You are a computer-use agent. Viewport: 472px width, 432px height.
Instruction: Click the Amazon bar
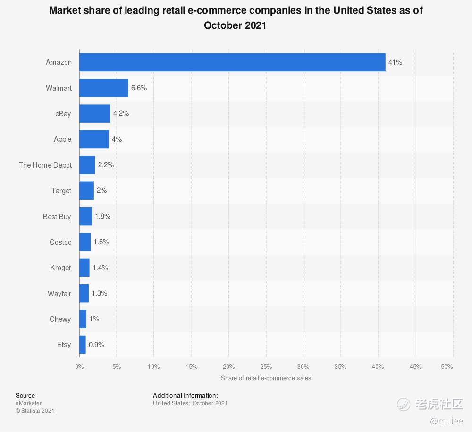(232, 62)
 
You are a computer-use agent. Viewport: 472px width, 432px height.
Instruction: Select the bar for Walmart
(104, 88)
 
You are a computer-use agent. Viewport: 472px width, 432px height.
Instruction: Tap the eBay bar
(94, 114)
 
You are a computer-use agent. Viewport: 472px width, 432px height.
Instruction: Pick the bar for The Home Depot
(87, 165)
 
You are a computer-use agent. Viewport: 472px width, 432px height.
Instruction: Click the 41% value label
(395, 62)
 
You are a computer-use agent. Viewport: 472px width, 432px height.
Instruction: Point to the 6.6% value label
(139, 88)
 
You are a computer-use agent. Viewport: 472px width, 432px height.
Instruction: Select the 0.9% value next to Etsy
(96, 345)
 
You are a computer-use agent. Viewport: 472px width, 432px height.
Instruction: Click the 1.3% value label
(99, 293)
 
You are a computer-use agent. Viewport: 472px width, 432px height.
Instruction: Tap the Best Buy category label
(57, 217)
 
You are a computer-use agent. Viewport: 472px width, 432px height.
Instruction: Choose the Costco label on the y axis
(60, 242)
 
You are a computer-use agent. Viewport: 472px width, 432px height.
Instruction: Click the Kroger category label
(61, 268)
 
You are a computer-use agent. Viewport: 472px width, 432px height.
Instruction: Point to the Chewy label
(60, 319)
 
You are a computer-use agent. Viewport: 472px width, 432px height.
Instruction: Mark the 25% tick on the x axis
(266, 367)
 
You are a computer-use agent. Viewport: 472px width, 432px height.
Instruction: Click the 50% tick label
(447, 367)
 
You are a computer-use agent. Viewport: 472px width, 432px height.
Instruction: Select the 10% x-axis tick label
(153, 367)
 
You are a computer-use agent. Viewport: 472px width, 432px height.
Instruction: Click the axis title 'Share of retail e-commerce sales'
(266, 378)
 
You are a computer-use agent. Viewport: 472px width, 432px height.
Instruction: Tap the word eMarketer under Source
(28, 403)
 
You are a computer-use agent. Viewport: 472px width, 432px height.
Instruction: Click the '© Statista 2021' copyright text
(35, 411)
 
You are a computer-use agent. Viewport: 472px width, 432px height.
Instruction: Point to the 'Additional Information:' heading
(185, 396)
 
